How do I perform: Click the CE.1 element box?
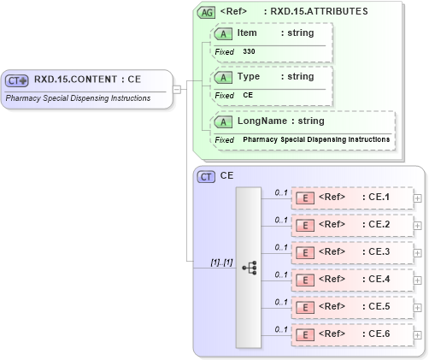point(351,198)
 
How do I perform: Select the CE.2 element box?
point(351,225)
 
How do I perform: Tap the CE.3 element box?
point(351,252)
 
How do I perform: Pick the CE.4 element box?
point(351,280)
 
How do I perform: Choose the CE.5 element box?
point(351,307)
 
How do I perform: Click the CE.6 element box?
point(351,334)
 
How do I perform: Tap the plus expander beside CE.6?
point(417,334)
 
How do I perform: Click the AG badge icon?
point(206,13)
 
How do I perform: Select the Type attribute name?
point(249,77)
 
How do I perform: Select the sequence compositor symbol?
point(250,268)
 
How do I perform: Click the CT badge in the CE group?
point(206,176)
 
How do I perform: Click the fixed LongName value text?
point(316,139)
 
